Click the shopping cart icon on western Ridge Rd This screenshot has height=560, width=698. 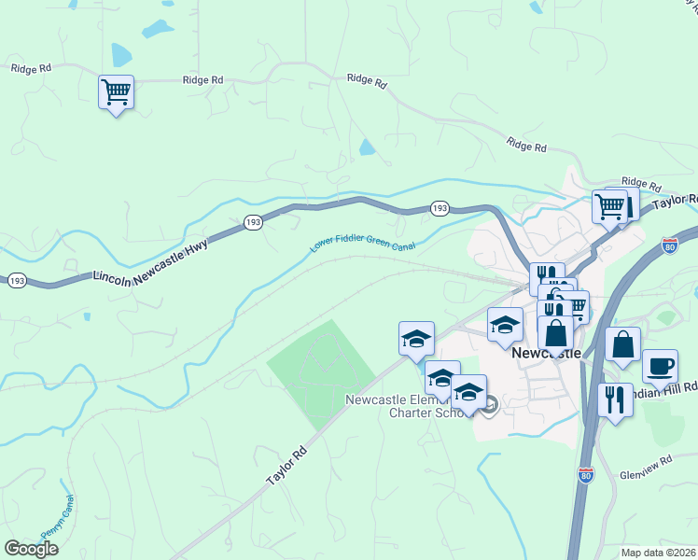tap(116, 92)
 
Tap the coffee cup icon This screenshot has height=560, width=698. tap(660, 366)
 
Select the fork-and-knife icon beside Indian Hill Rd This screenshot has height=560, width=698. tap(615, 400)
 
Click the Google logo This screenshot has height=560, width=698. tap(31, 549)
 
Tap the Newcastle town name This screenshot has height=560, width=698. tap(546, 354)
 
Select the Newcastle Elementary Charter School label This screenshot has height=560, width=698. tap(405, 407)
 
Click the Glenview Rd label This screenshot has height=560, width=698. tap(646, 467)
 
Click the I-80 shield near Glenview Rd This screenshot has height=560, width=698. tap(585, 475)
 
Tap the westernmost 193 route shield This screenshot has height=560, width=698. tap(16, 279)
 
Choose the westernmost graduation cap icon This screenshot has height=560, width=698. tap(416, 338)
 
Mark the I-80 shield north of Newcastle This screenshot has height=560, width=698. tap(668, 245)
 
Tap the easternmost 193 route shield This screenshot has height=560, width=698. tap(440, 207)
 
